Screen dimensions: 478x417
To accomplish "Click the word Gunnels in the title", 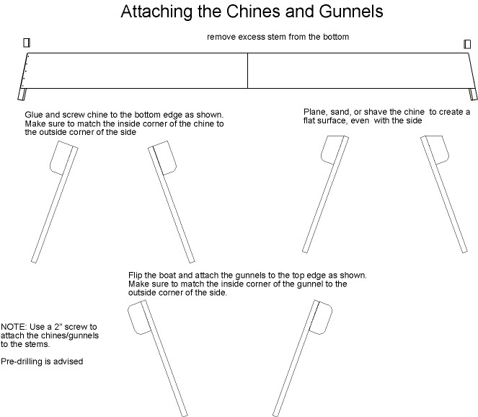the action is tap(351, 12).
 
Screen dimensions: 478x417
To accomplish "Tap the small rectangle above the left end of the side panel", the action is tap(27, 43).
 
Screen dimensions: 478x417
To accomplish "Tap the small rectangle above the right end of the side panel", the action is tap(467, 44).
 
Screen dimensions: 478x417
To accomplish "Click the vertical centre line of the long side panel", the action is tap(247, 71).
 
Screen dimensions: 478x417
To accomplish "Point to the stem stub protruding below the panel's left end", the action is tap(22, 95).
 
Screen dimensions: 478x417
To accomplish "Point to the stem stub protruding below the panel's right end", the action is tap(473, 95).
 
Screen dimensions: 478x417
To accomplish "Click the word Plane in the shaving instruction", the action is tap(312, 112).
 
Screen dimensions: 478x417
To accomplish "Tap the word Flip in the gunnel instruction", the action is tap(135, 275).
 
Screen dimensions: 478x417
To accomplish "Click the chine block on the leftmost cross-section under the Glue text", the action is tap(61, 158).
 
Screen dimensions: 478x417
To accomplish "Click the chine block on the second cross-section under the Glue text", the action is tap(164, 158).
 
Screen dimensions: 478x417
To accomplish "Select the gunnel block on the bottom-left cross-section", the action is tap(138, 317).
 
